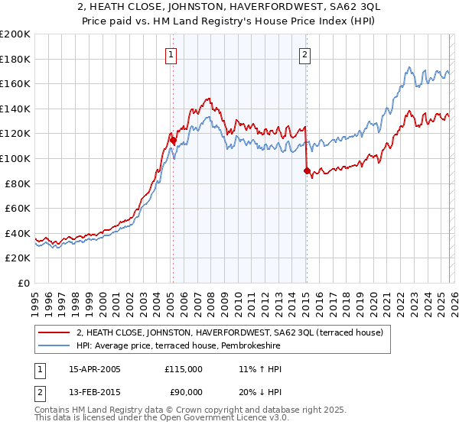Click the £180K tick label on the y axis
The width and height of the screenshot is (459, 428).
pyautogui.click(x=15, y=59)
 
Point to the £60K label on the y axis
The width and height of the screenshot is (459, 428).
pyautogui.click(x=18, y=208)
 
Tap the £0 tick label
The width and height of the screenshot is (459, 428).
pyautogui.click(x=24, y=283)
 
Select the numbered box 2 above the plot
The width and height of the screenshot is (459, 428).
pyautogui.click(x=305, y=53)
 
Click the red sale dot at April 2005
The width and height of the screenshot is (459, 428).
pyautogui.click(x=173, y=141)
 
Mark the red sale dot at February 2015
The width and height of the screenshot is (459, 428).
pyautogui.click(x=306, y=172)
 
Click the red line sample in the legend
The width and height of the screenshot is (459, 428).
pyautogui.click(x=54, y=332)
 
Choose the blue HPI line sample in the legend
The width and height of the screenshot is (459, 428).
pyautogui.click(x=54, y=346)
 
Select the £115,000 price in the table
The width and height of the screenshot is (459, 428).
pyautogui.click(x=184, y=369)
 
